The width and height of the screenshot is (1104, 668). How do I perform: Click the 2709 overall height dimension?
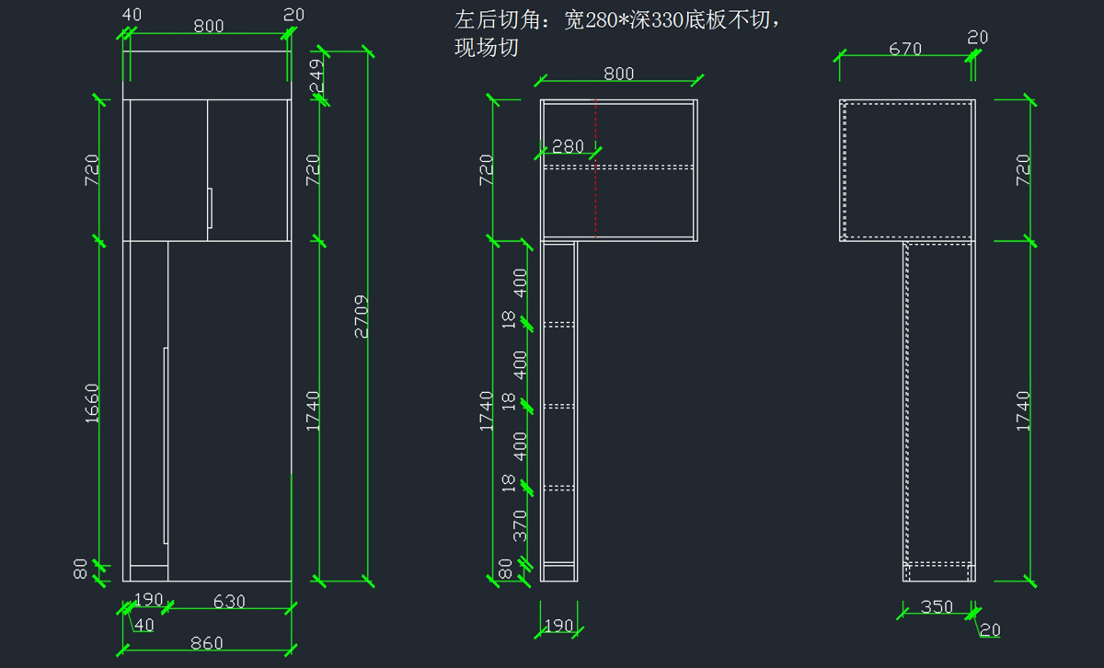click(362, 317)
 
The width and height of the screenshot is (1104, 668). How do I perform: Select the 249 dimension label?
click(316, 76)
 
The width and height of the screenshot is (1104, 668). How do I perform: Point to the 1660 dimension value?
click(92, 403)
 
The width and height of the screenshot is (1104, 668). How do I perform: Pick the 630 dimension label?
click(229, 602)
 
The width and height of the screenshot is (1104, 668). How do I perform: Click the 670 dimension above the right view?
click(905, 49)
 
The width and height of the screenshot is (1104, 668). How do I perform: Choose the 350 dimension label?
click(937, 607)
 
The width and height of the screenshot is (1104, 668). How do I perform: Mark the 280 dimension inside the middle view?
click(568, 146)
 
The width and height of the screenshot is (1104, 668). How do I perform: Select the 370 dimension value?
click(521, 525)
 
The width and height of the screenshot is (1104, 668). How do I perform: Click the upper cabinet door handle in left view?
click(210, 207)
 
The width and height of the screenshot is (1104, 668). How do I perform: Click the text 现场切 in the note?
click(487, 49)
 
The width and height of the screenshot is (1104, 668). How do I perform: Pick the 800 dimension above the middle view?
click(618, 74)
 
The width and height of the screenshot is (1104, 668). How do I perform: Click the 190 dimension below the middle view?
click(558, 627)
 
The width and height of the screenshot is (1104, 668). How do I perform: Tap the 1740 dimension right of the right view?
click(1023, 410)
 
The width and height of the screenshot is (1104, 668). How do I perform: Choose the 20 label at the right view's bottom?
click(990, 630)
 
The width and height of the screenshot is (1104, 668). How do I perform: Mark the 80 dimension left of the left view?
click(81, 570)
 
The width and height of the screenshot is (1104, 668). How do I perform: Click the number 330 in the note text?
click(669, 20)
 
